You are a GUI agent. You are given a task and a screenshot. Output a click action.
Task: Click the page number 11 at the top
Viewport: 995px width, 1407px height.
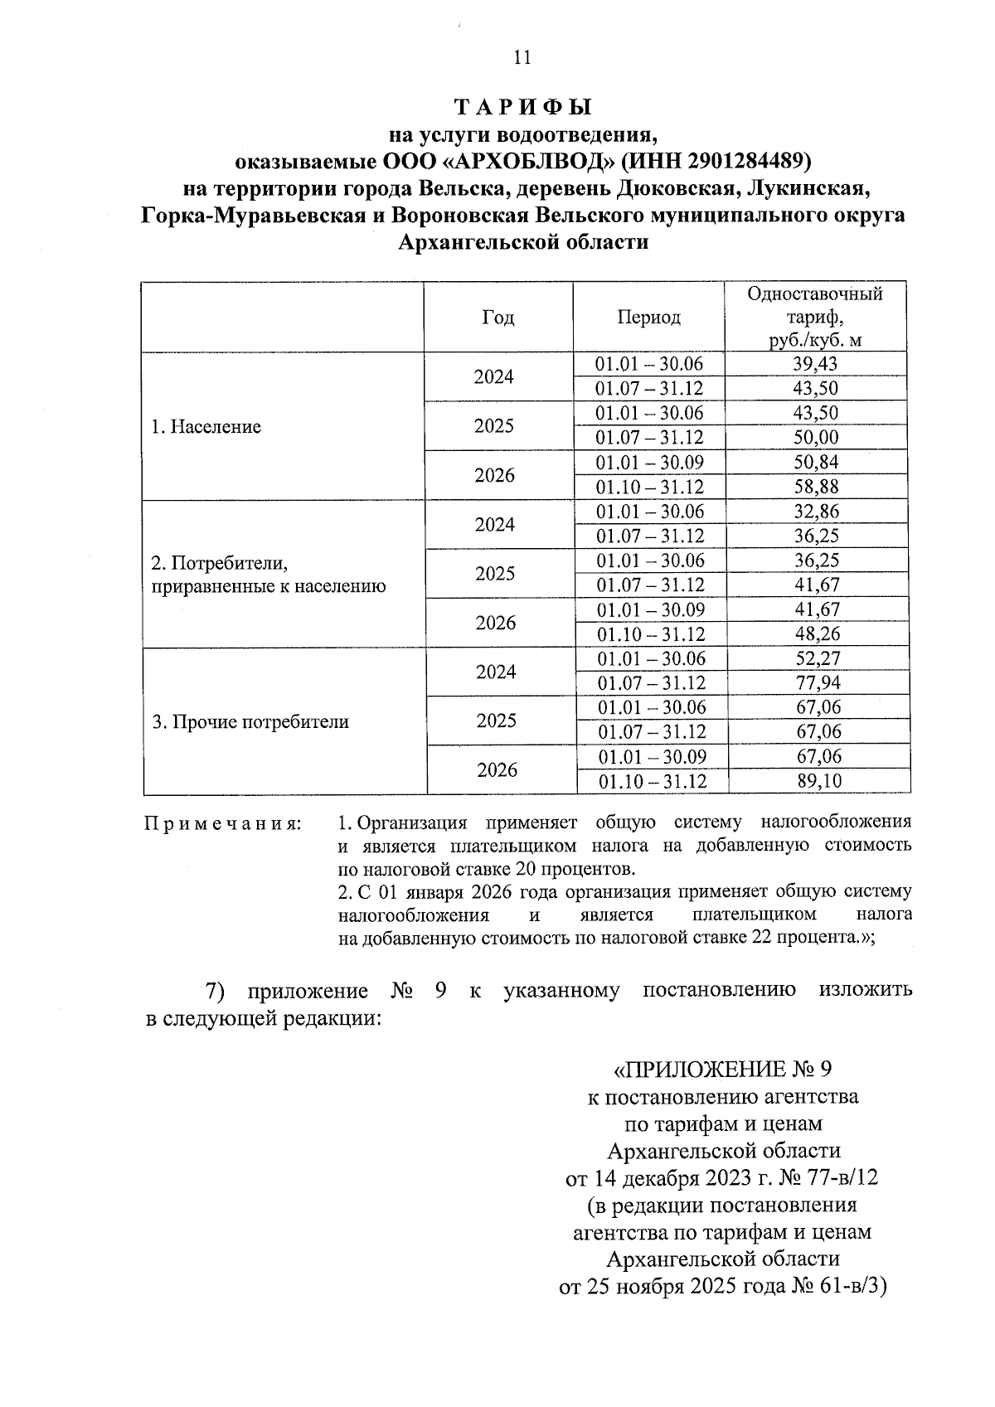click(522, 57)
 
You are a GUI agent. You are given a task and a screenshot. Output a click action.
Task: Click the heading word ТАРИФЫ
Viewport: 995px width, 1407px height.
click(523, 108)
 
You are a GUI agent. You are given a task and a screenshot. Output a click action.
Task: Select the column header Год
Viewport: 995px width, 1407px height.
click(498, 318)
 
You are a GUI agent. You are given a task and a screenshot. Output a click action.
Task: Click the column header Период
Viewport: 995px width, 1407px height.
click(648, 318)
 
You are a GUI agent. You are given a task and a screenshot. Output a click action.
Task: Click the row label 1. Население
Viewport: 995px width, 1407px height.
click(206, 427)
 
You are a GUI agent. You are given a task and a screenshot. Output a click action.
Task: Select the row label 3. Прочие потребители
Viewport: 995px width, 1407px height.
click(250, 722)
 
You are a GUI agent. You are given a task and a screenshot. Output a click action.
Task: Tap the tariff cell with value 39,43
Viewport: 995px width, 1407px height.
click(816, 364)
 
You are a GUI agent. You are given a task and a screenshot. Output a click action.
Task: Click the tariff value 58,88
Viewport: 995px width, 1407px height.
click(816, 487)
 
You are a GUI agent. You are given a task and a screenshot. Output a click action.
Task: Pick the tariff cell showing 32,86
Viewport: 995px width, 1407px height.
click(817, 512)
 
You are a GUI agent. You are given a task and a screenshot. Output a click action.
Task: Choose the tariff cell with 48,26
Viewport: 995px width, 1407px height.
click(817, 634)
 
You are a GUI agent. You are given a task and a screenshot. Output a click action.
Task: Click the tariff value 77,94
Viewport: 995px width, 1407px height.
click(817, 683)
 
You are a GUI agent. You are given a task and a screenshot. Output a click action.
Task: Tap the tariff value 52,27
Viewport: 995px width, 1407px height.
click(817, 659)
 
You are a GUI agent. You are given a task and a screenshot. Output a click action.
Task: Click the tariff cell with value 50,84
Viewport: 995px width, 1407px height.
click(816, 463)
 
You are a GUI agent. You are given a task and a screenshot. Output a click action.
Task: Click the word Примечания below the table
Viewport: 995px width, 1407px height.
click(223, 823)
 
